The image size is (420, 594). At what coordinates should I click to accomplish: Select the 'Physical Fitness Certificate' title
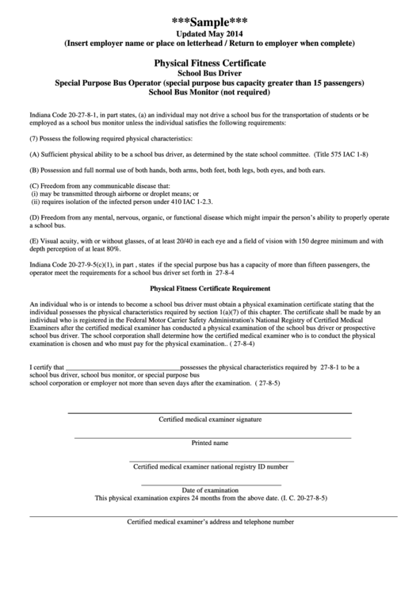pyautogui.click(x=210, y=61)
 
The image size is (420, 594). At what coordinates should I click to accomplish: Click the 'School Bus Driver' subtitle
pyautogui.click(x=210, y=72)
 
